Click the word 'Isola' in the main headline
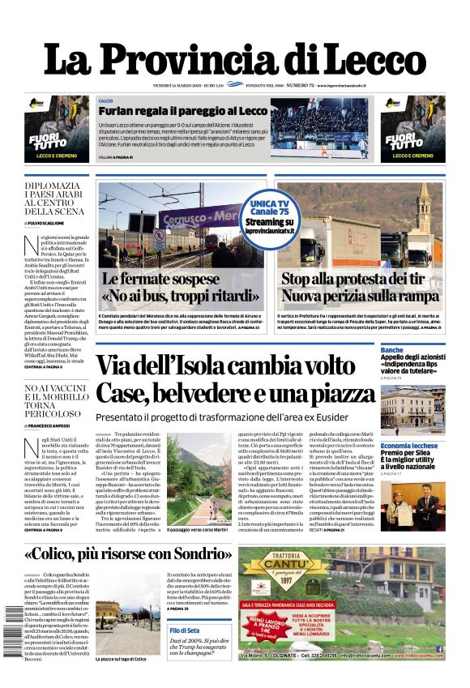click(217, 365)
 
